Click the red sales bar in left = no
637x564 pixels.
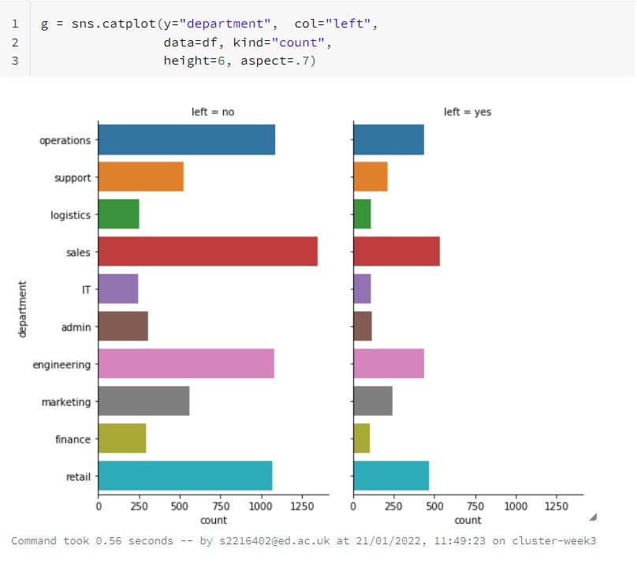[207, 251]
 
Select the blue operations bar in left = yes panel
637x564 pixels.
[388, 139]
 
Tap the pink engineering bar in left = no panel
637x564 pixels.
[186, 365]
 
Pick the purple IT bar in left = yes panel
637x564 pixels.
[362, 289]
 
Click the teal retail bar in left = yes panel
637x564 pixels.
[391, 477]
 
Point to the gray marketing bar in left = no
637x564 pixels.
[143, 402]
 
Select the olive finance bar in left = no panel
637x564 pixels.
[122, 439]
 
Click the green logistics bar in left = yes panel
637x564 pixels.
[362, 214]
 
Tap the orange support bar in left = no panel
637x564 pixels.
[140, 177]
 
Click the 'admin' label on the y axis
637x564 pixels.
[76, 327]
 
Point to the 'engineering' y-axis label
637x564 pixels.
[61, 365]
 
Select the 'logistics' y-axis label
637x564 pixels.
[70, 215]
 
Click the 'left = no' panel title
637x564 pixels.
[213, 112]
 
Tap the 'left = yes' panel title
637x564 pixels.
[468, 112]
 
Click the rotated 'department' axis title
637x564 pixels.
[23, 309]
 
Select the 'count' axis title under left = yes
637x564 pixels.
[468, 520]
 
